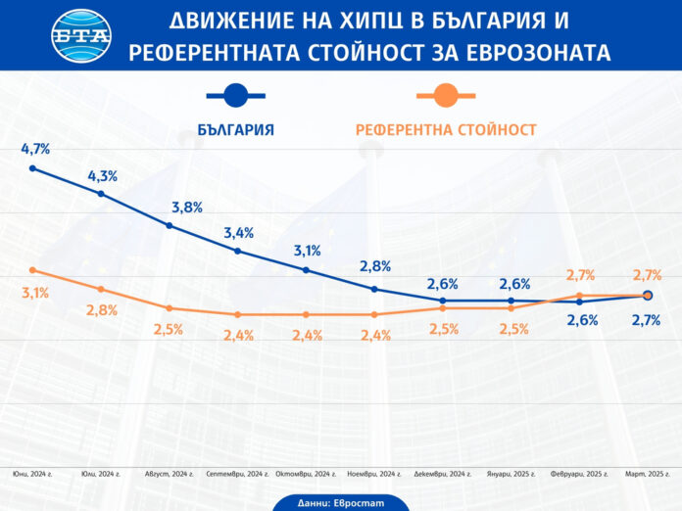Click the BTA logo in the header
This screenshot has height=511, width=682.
80,35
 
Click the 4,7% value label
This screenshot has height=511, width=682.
35,149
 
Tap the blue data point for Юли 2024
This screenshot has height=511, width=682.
101,194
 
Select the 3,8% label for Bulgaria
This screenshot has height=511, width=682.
187,207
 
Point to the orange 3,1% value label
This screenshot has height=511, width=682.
34,293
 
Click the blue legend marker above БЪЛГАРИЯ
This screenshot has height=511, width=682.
235,95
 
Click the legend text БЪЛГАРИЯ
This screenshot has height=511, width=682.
235,129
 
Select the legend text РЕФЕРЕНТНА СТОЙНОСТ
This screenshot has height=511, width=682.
446,129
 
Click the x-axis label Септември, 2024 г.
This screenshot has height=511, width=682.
237,474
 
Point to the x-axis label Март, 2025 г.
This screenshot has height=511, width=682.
649,474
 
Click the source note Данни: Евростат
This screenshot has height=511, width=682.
340,500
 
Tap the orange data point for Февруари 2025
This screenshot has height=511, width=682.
579,296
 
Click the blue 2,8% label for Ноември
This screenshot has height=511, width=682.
375,266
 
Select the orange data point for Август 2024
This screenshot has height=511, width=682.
170,308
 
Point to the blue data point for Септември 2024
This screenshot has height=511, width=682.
238,251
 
